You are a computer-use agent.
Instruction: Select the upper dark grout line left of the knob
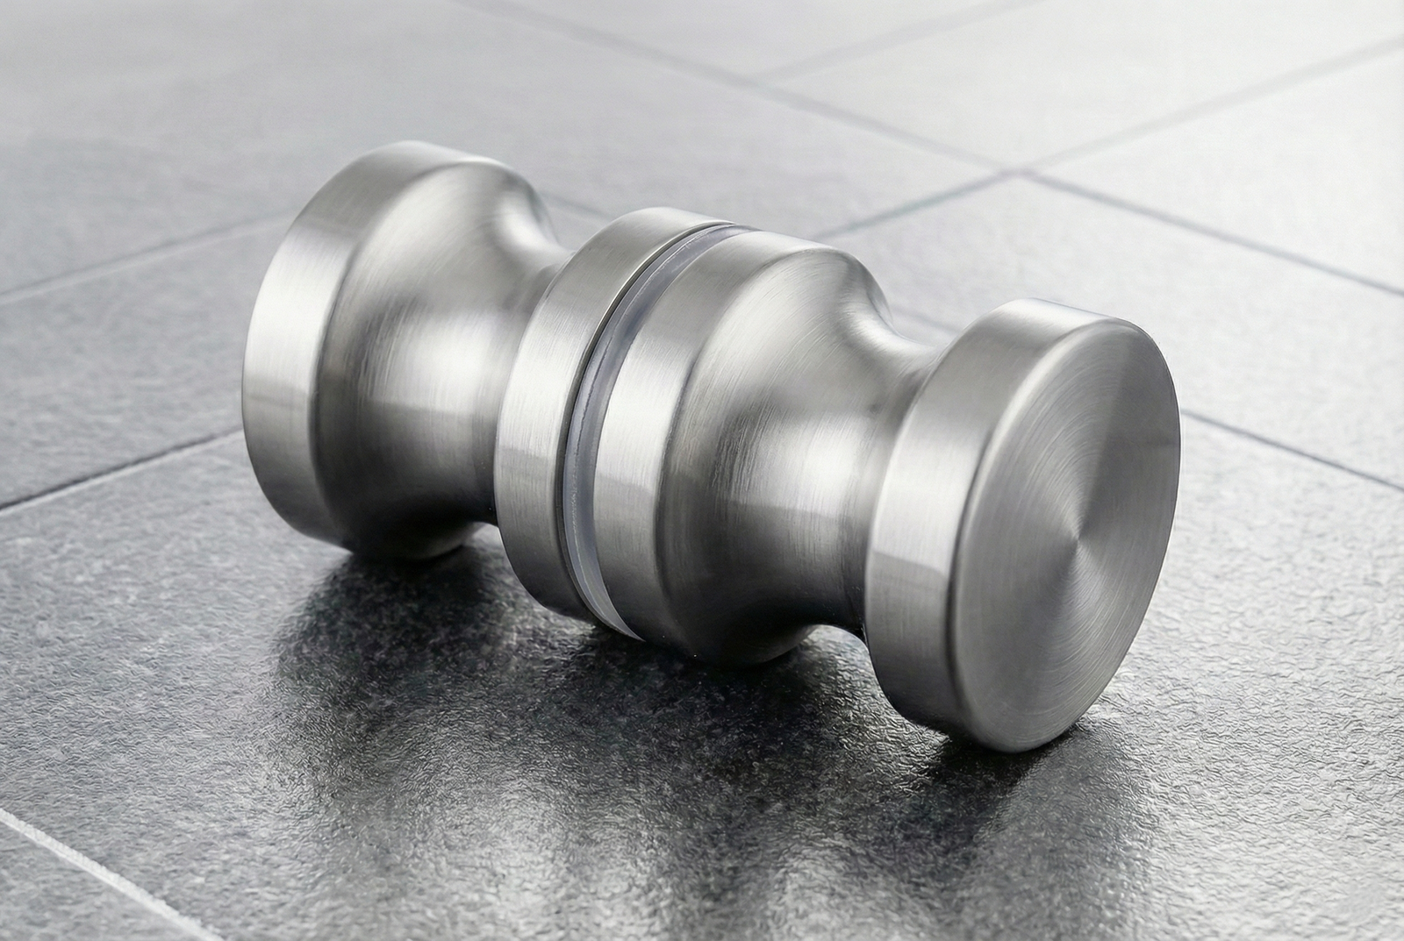(x=132, y=263)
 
